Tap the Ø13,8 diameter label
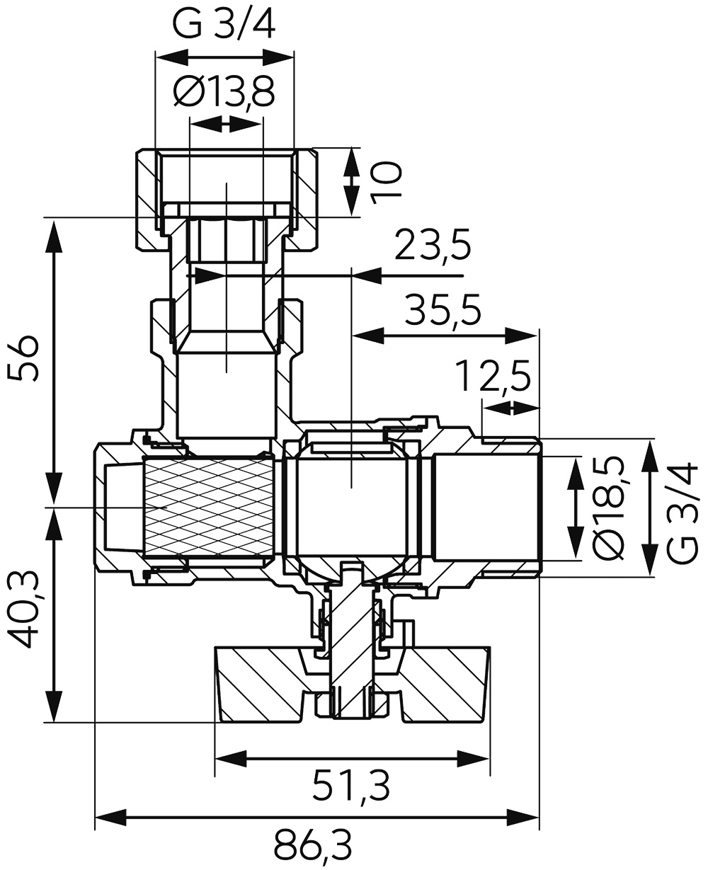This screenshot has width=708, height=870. (224, 92)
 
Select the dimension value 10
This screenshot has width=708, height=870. (386, 183)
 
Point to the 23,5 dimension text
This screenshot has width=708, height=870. (433, 245)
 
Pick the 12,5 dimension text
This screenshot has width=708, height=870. (494, 375)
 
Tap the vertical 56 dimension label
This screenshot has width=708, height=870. (23, 358)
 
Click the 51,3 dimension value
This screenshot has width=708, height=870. (351, 786)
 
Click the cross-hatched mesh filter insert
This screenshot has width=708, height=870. (209, 508)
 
